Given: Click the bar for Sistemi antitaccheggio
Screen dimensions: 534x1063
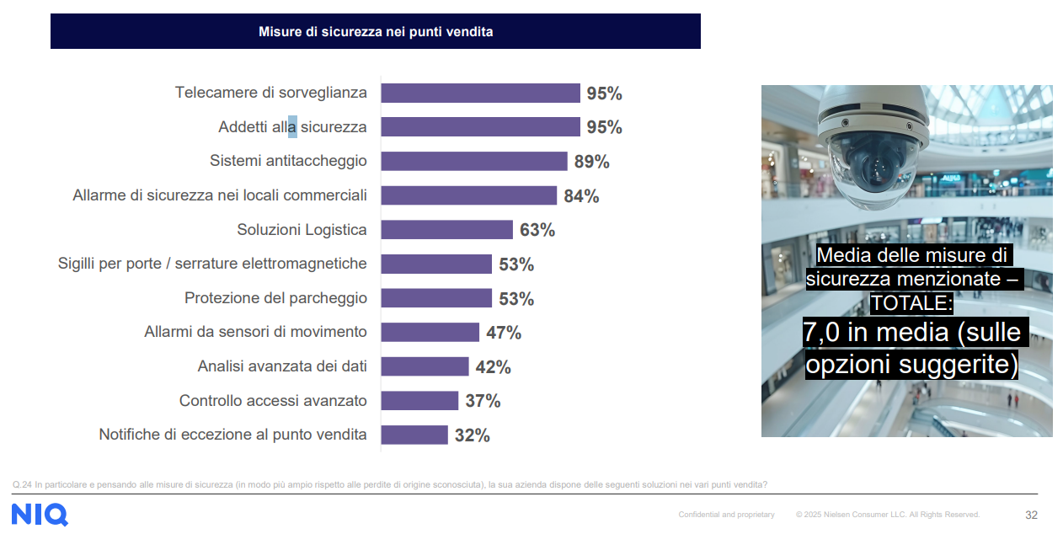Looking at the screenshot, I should click(473, 161).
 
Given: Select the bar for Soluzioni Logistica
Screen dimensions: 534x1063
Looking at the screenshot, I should click(446, 230).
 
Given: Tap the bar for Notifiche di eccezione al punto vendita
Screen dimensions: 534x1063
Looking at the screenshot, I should click(414, 435).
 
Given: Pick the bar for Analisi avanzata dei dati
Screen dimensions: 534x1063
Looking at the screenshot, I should click(425, 366).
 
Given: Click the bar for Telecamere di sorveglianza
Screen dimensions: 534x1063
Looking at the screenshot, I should click(480, 93).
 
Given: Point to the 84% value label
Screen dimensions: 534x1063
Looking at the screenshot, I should click(581, 196).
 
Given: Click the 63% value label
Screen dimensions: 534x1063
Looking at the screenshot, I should click(537, 230).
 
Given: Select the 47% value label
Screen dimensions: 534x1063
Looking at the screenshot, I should click(504, 333).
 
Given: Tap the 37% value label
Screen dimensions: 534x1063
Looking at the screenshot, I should click(483, 401).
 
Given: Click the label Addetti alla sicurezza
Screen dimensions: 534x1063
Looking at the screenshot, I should click(292, 127).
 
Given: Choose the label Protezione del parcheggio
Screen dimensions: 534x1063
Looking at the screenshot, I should click(275, 298).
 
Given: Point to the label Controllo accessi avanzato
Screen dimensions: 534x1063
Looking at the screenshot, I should click(273, 401).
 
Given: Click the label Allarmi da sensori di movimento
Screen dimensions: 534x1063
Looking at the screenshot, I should click(255, 332).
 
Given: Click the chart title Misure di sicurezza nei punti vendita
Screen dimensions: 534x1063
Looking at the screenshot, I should click(376, 32).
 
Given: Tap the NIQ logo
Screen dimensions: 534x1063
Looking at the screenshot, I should click(40, 514).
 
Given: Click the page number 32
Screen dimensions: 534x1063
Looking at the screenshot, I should click(1031, 515).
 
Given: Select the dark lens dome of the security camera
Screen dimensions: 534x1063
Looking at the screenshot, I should click(871, 161).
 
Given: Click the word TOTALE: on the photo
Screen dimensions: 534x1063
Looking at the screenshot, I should click(911, 302).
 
